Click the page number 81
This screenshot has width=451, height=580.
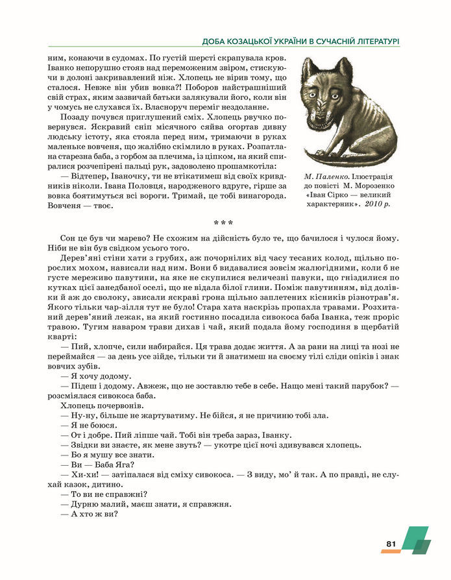391,544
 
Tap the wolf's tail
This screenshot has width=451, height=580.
324,154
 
